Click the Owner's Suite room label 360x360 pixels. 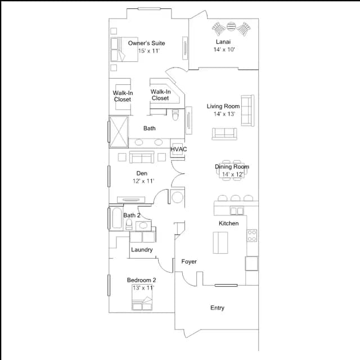[146, 43]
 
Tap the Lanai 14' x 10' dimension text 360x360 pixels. [224, 49]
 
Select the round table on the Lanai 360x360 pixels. [231, 26]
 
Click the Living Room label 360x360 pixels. [223, 106]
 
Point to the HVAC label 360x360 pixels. [179, 149]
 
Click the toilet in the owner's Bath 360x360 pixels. [175, 115]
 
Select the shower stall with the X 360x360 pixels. [119, 132]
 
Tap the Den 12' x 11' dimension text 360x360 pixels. [143, 181]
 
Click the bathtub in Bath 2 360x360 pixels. [117, 218]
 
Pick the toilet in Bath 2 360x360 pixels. [129, 224]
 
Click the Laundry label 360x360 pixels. [142, 250]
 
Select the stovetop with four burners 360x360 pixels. [252, 236]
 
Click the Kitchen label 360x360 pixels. [229, 223]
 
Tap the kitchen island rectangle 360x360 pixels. [220, 242]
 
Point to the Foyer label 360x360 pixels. [189, 262]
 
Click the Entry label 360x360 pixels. [218, 308]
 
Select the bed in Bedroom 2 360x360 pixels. [142, 298]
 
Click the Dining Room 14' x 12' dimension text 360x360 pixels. [233, 174]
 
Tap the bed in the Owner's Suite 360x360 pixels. [124, 49]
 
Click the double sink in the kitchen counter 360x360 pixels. [237, 211]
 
